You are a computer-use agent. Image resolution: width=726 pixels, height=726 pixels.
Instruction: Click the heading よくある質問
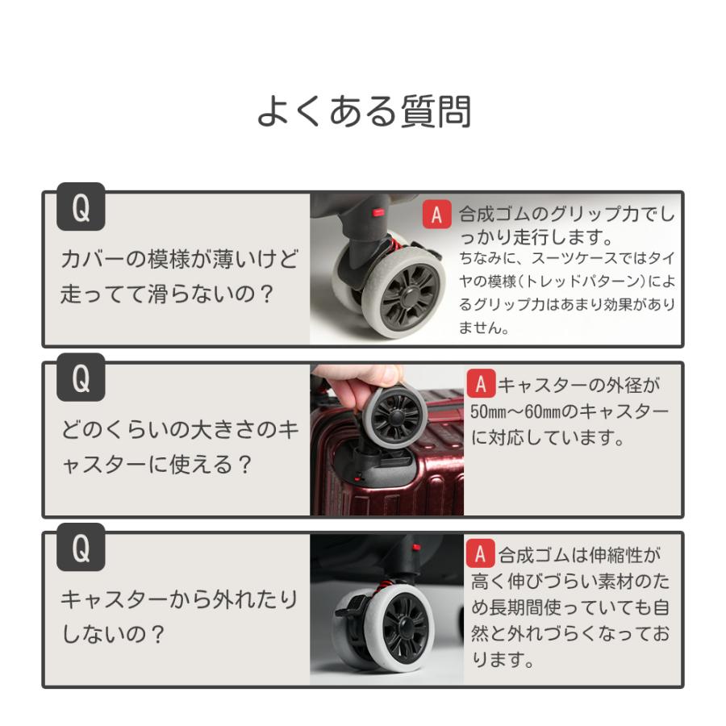point(363,111)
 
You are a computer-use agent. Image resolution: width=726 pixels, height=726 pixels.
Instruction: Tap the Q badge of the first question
point(81,209)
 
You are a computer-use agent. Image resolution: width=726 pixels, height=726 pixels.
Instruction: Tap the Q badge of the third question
point(81,549)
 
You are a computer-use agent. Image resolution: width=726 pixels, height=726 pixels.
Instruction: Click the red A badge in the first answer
point(436,215)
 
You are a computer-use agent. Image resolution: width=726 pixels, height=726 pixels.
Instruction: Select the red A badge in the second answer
point(481,383)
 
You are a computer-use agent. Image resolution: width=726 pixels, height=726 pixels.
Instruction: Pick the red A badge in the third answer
point(481,554)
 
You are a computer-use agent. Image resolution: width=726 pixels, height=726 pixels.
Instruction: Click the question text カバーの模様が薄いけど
point(179,260)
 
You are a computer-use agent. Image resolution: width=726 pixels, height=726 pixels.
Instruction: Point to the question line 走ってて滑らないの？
point(168,294)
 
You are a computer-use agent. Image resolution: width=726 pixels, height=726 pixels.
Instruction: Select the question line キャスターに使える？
point(157,465)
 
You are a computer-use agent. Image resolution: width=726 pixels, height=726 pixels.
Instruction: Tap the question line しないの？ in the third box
point(113,635)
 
